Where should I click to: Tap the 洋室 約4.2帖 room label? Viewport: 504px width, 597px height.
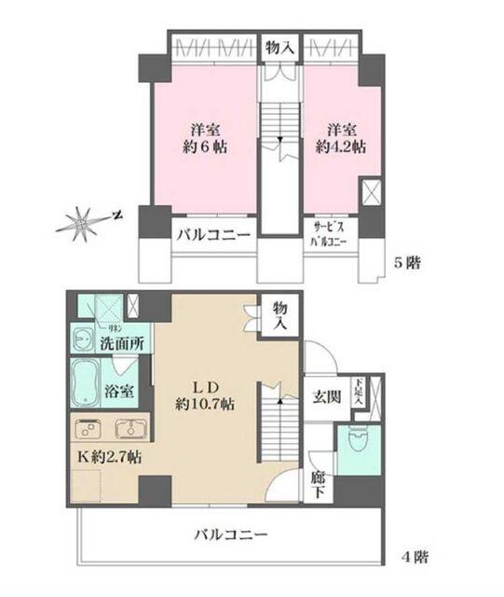point(345,138)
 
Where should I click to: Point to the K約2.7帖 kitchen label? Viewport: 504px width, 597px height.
point(109,458)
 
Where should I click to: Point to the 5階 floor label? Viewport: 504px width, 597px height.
point(407,263)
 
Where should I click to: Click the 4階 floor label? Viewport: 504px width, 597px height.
point(415,558)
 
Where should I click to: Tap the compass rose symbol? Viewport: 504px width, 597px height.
point(81,223)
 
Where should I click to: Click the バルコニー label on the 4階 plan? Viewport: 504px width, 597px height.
point(231,535)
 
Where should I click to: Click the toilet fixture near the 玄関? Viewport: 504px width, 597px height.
point(356,438)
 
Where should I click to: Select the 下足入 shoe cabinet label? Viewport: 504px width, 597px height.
point(357,386)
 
